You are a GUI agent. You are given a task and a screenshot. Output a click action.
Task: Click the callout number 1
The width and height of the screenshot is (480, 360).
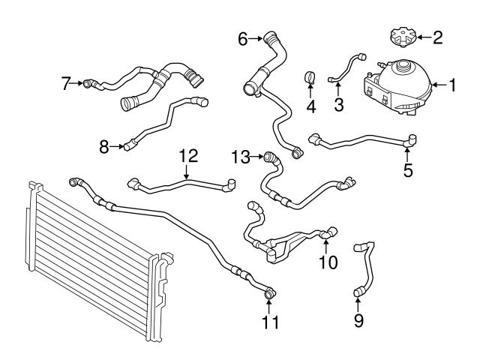[x=452, y=85]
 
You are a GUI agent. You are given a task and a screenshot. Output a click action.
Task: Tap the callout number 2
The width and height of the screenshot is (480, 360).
[x=438, y=35]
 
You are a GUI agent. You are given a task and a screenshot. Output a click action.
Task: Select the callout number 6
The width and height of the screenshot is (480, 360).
[x=243, y=37]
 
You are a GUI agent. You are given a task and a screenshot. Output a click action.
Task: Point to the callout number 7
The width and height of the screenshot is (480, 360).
[x=65, y=82]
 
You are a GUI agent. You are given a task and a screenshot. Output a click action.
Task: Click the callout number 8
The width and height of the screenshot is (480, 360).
[x=105, y=147]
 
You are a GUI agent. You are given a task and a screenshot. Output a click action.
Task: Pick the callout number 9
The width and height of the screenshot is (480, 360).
[x=358, y=321]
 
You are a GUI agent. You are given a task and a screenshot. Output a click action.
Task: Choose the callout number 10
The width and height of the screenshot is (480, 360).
[x=328, y=262]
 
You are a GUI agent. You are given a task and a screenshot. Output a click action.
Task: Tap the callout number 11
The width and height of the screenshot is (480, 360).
[x=270, y=322]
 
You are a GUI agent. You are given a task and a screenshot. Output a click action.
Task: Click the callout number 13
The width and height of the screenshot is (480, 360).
[x=240, y=157]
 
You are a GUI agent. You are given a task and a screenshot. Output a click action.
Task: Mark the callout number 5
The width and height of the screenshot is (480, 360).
[x=408, y=170]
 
